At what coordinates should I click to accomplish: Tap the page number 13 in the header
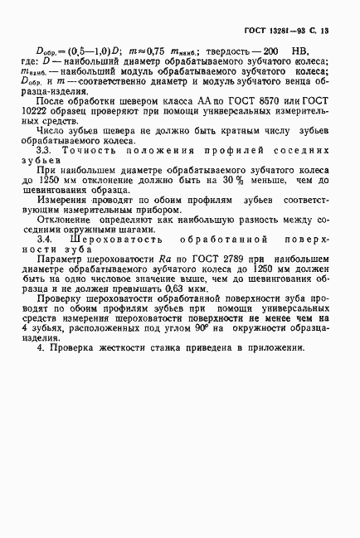(x=324, y=31)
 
